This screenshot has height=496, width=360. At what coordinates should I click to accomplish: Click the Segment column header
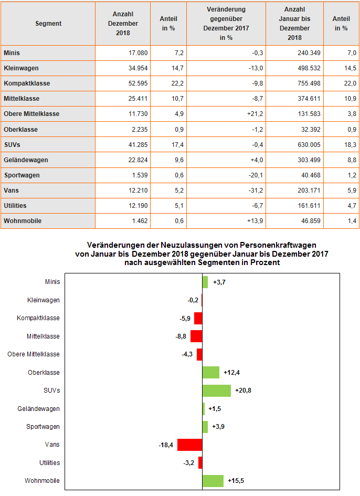(x=48, y=24)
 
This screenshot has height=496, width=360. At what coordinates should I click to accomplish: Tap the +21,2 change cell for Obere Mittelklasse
(x=226, y=114)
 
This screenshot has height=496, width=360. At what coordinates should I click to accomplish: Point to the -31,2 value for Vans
(x=226, y=191)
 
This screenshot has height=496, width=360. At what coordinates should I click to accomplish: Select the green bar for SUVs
(x=216, y=391)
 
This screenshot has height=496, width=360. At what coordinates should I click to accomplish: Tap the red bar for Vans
(x=189, y=445)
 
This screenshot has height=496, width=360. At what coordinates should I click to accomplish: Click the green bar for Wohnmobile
(x=213, y=481)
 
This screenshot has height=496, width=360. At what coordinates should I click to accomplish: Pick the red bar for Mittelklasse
(x=196, y=336)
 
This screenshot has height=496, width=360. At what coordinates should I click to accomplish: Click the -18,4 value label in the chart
(x=166, y=445)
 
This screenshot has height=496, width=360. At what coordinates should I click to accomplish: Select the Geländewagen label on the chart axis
(x=38, y=409)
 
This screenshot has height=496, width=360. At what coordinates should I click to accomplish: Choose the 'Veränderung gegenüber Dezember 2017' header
(x=226, y=24)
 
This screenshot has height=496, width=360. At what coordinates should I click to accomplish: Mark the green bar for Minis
(x=205, y=282)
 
